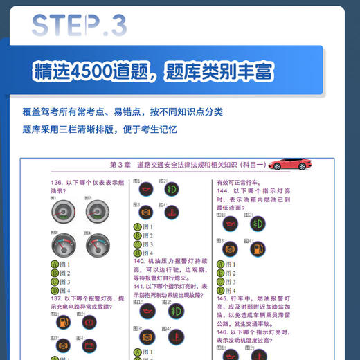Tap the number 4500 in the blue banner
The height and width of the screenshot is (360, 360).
[96, 71]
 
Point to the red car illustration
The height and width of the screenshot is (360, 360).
[290, 164]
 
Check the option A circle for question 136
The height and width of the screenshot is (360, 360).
[55, 264]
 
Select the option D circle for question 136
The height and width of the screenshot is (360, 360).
[55, 291]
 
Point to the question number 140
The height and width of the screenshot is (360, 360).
[141, 262]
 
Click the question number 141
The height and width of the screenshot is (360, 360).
[141, 286]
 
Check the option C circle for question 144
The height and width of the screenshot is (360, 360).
[222, 282]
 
